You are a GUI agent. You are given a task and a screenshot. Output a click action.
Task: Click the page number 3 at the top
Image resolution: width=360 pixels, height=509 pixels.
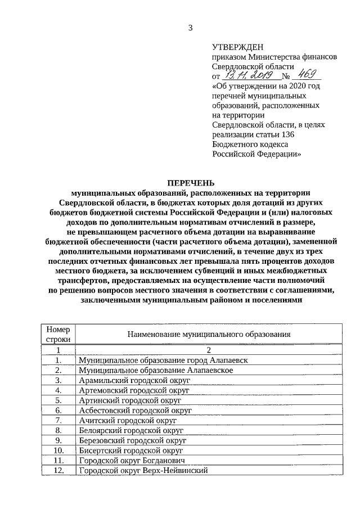190,28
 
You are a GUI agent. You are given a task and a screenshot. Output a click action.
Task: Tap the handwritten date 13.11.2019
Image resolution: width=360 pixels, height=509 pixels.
247,75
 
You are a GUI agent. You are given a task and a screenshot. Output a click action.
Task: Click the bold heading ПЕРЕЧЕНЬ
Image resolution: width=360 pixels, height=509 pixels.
190,183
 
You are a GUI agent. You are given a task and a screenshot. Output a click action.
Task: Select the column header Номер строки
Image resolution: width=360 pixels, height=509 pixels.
58,334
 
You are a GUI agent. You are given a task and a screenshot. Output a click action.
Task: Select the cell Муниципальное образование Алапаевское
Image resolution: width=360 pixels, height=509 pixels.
156,370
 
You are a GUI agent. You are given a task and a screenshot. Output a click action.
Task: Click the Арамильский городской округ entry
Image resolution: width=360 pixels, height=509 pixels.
134,380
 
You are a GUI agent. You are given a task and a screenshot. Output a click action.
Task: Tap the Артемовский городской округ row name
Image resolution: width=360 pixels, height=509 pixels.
134,390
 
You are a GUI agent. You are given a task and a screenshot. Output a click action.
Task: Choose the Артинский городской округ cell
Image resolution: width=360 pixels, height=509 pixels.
130,400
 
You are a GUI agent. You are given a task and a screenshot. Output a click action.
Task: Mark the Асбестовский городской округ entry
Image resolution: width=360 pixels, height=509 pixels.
136,411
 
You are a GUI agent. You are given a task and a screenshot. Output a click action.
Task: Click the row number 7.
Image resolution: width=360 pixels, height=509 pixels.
58,421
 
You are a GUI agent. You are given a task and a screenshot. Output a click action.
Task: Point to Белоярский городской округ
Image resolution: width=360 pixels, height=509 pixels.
132,431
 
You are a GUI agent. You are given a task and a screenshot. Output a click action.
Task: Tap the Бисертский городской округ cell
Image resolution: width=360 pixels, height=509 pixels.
132,451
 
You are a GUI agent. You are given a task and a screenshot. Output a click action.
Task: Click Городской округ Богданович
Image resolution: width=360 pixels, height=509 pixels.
132,461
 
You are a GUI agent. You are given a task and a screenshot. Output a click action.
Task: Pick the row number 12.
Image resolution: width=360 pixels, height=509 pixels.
58,471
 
